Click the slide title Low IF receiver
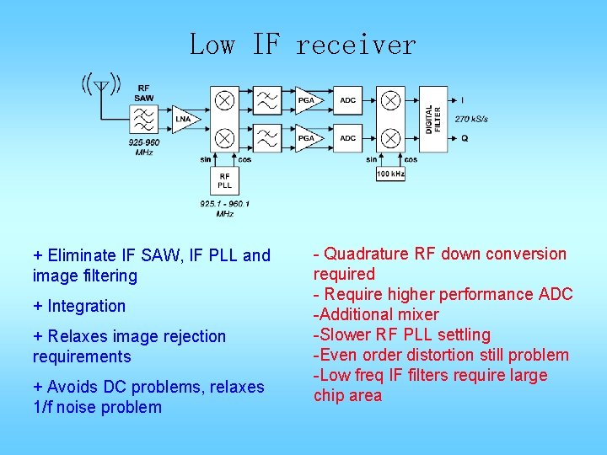click(303, 44)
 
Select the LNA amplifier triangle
click(182, 120)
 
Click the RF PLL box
click(224, 179)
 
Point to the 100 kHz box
click(390, 174)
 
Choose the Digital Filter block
click(433, 119)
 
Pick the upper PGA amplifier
click(306, 101)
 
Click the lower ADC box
click(347, 137)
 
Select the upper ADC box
click(347, 101)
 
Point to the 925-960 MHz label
click(144, 147)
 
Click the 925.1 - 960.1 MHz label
click(224, 208)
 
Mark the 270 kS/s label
click(471, 119)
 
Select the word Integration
click(86, 306)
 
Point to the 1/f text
click(44, 407)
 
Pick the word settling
click(462, 335)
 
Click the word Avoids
click(72, 387)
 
